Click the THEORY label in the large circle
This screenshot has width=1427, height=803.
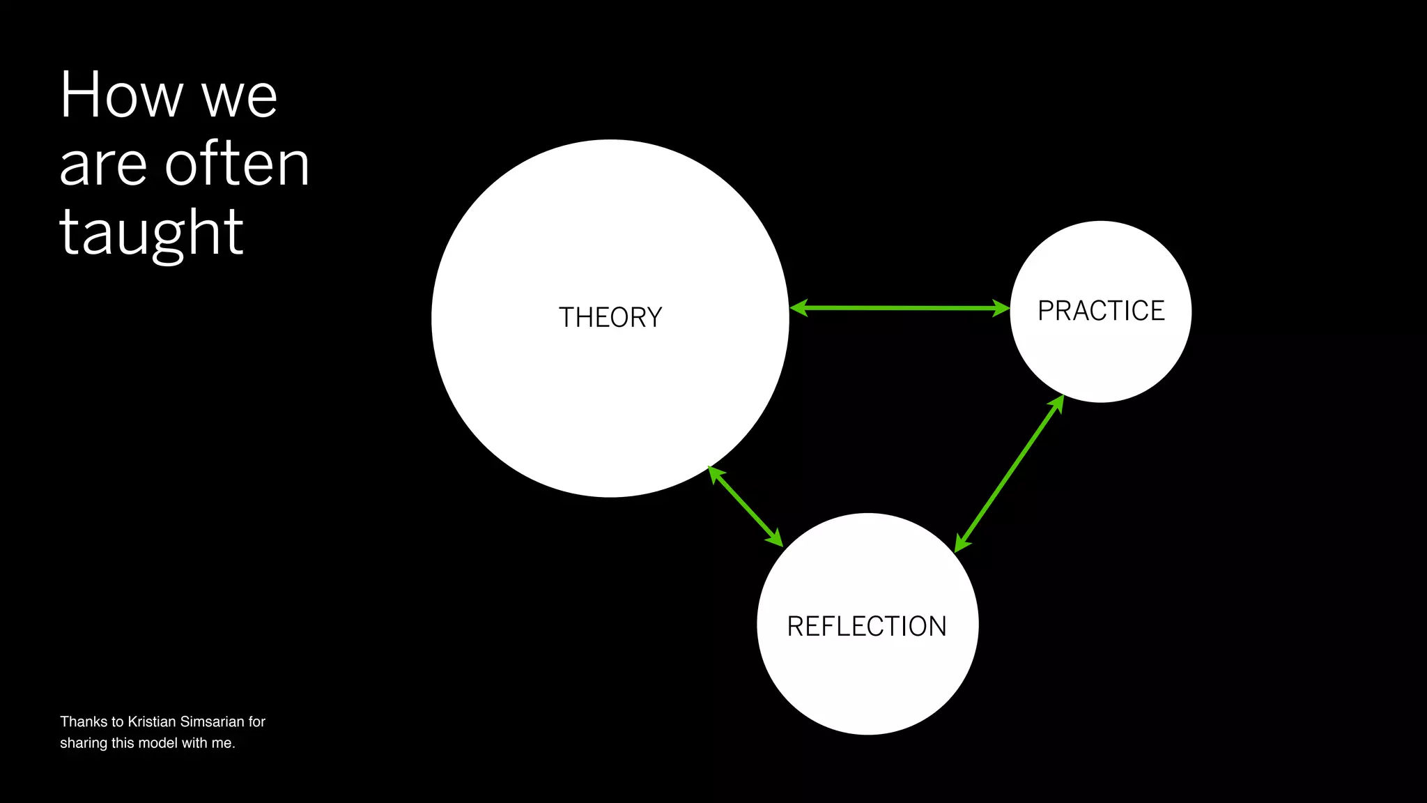[x=610, y=318]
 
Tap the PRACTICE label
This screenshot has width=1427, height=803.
[x=1101, y=311]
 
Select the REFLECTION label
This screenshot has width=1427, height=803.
[x=867, y=627]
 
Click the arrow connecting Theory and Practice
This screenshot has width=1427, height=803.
[x=900, y=307]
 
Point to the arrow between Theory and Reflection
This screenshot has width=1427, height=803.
[x=746, y=506]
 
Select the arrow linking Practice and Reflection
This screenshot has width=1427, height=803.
[x=1009, y=473]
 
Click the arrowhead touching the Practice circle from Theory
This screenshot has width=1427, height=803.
[x=1001, y=308]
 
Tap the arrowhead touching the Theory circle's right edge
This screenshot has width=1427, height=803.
[x=799, y=307]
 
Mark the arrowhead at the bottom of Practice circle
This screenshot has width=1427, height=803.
[x=1057, y=404]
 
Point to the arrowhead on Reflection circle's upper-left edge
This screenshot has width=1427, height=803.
[x=775, y=539]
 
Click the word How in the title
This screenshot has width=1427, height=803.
[x=121, y=95]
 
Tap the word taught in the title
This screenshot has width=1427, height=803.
[x=151, y=233]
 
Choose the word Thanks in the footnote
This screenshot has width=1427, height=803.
[x=84, y=721]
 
